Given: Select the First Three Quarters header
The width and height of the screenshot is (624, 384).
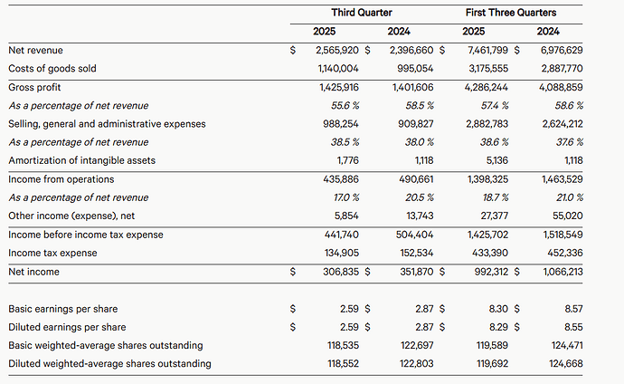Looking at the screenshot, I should [x=511, y=13].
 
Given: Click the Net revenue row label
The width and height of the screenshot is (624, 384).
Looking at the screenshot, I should [x=36, y=50].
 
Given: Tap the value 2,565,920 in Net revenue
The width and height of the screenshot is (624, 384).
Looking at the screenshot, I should [x=339, y=50].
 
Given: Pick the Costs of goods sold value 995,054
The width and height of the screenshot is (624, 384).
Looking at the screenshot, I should [x=415, y=69].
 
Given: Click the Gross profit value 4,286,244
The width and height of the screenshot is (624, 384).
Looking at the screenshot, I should [x=488, y=87].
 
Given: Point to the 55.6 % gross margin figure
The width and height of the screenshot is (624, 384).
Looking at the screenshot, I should [x=345, y=106].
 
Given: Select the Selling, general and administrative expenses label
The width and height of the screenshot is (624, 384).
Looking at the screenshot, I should [x=107, y=124].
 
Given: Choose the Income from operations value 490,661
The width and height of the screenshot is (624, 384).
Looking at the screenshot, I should [x=417, y=179].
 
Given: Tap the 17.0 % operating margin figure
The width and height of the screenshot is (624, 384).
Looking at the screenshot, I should [x=347, y=197].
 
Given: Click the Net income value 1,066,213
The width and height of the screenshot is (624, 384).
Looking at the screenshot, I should [x=562, y=271].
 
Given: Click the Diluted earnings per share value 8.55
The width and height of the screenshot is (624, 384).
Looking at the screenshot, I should [x=574, y=327].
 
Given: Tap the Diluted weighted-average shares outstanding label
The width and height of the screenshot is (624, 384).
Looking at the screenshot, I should [x=109, y=363].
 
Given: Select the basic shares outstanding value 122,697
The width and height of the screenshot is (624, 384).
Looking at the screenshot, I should [x=417, y=345].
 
